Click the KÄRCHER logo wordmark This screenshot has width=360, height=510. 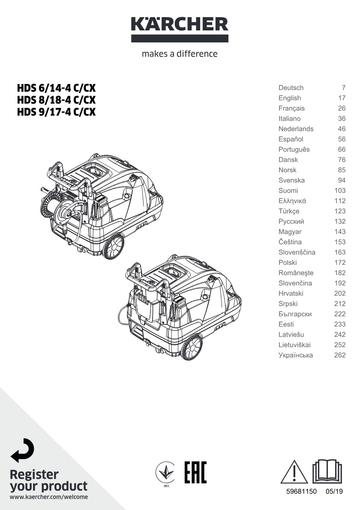pos(180,24)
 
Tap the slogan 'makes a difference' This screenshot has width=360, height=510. pos(180,54)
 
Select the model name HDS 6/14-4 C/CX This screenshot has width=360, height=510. pos(56,88)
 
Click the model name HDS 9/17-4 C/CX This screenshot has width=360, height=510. pos(56,112)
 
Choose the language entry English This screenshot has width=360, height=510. pos(289,98)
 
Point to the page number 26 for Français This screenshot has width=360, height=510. pos(342,108)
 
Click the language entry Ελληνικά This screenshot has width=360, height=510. pos(292,201)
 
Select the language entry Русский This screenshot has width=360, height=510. pos(291,222)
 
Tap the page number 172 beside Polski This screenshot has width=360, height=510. pos(340,262)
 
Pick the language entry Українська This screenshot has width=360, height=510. pos(296,355)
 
